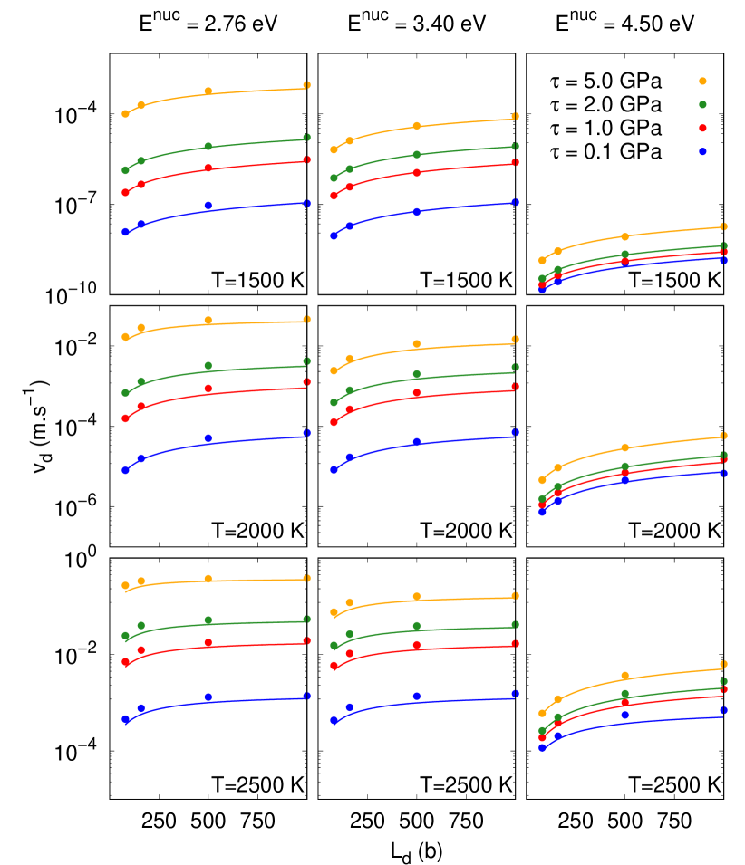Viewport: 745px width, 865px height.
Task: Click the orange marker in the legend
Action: pyautogui.click(x=702, y=82)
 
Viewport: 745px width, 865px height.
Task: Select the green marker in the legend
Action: pyautogui.click(x=702, y=105)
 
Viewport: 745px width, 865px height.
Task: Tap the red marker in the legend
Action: pyautogui.click(x=702, y=129)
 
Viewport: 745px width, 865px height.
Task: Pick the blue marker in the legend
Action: pyautogui.click(x=702, y=152)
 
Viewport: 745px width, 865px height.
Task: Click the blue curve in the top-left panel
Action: pyautogui.click(x=254, y=207)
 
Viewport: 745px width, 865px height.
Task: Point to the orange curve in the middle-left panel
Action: pyautogui.click(x=254, y=322)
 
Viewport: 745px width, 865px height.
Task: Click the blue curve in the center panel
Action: pyautogui.click(x=462, y=440)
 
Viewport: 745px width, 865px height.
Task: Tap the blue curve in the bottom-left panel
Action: pyautogui.click(x=254, y=700)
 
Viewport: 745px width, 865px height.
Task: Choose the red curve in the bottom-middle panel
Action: pyautogui.click(x=462, y=648)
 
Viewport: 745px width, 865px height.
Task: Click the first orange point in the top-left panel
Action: pyautogui.click(x=125, y=114)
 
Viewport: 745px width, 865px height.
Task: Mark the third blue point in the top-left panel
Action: pyautogui.click(x=208, y=206)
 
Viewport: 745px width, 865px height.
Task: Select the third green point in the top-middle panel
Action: pyautogui.click(x=416, y=155)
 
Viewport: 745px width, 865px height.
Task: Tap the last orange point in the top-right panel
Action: pyautogui.click(x=723, y=226)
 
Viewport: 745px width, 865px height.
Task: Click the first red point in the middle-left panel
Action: pyautogui.click(x=125, y=418)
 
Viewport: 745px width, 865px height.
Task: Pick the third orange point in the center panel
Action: pyautogui.click(x=416, y=344)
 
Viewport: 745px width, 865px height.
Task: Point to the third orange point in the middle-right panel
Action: pyautogui.click(x=624, y=448)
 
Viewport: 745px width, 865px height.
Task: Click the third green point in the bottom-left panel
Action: pyautogui.click(x=208, y=620)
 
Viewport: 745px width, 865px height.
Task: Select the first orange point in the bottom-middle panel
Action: pyautogui.click(x=334, y=612)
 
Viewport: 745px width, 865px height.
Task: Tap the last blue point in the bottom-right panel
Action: pyautogui.click(x=723, y=710)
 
